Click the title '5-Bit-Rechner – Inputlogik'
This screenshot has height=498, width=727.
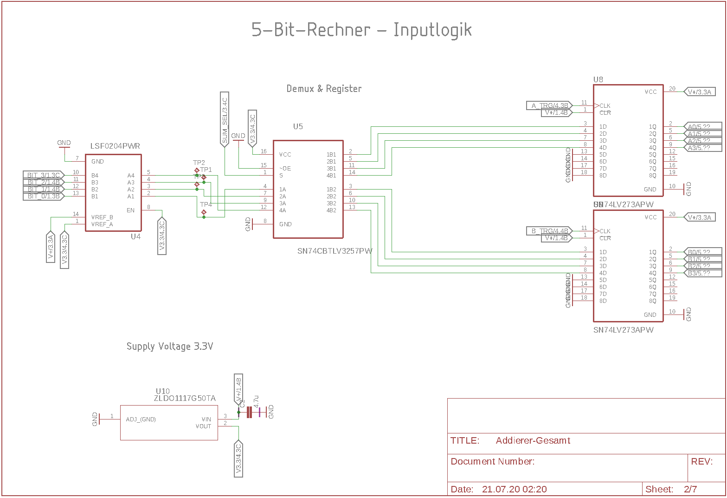[361, 30]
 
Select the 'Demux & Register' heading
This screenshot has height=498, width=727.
[324, 89]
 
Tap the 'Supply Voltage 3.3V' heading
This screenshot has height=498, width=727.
[170, 347]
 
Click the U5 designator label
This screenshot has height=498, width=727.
[298, 126]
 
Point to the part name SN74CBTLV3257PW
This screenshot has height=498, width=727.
[335, 251]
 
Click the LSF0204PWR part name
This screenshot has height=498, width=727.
[115, 146]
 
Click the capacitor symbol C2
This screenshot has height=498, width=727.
[250, 412]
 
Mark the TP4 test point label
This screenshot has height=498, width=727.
[206, 204]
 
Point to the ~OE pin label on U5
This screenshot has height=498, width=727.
[285, 169]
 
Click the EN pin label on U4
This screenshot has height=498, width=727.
[130, 210]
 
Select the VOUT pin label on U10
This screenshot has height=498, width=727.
[203, 426]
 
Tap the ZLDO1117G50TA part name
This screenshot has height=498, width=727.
[185, 399]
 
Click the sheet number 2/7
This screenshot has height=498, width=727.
[690, 489]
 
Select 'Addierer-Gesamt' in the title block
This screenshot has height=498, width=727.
[533, 441]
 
